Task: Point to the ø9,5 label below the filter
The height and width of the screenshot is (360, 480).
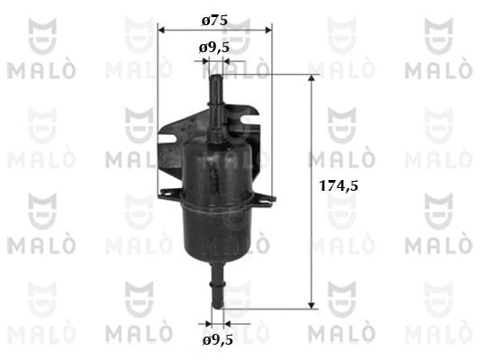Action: click(x=217, y=340)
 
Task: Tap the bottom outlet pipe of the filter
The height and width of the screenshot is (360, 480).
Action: click(x=216, y=288)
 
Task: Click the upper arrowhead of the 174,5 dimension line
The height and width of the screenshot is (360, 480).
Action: click(x=312, y=81)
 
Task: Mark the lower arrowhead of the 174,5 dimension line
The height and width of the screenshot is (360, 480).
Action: click(x=312, y=304)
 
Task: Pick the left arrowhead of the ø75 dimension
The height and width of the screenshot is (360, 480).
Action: click(x=162, y=30)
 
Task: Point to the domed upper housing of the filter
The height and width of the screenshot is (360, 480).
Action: click(x=216, y=166)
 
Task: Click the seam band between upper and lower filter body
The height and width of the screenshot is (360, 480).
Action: click(x=216, y=200)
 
